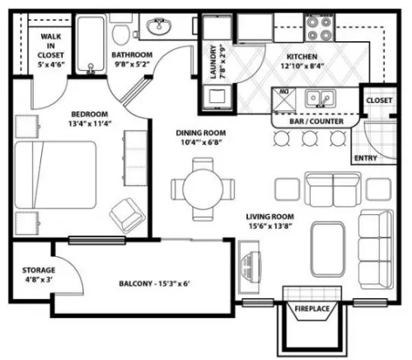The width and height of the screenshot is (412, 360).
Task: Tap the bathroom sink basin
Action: tap(159, 26)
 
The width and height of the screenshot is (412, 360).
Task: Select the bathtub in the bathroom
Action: tap(91, 44)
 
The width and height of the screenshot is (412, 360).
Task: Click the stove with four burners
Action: tap(319, 28)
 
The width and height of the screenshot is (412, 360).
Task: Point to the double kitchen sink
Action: tap(320, 98)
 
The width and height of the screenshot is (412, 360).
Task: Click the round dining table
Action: tap(203, 189)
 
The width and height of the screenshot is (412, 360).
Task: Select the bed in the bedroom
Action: tap(55, 175)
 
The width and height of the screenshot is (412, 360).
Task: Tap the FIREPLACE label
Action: tap(312, 309)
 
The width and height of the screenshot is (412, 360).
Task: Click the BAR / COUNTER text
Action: tap(316, 121)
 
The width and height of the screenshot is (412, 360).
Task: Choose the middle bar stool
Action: tap(310, 138)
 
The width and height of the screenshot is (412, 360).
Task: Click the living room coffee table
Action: tap(328, 250)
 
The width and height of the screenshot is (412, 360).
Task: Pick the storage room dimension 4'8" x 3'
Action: tap(39, 280)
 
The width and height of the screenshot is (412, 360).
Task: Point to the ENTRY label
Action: tap(366, 158)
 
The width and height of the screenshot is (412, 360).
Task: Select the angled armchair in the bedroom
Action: tap(128, 215)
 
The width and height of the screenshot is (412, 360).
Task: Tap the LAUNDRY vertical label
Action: tap(213, 62)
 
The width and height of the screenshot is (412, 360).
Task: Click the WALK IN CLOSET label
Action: tap(51, 46)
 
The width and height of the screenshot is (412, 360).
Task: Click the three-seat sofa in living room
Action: tap(376, 250)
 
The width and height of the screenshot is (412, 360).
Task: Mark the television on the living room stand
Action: tap(251, 267)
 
